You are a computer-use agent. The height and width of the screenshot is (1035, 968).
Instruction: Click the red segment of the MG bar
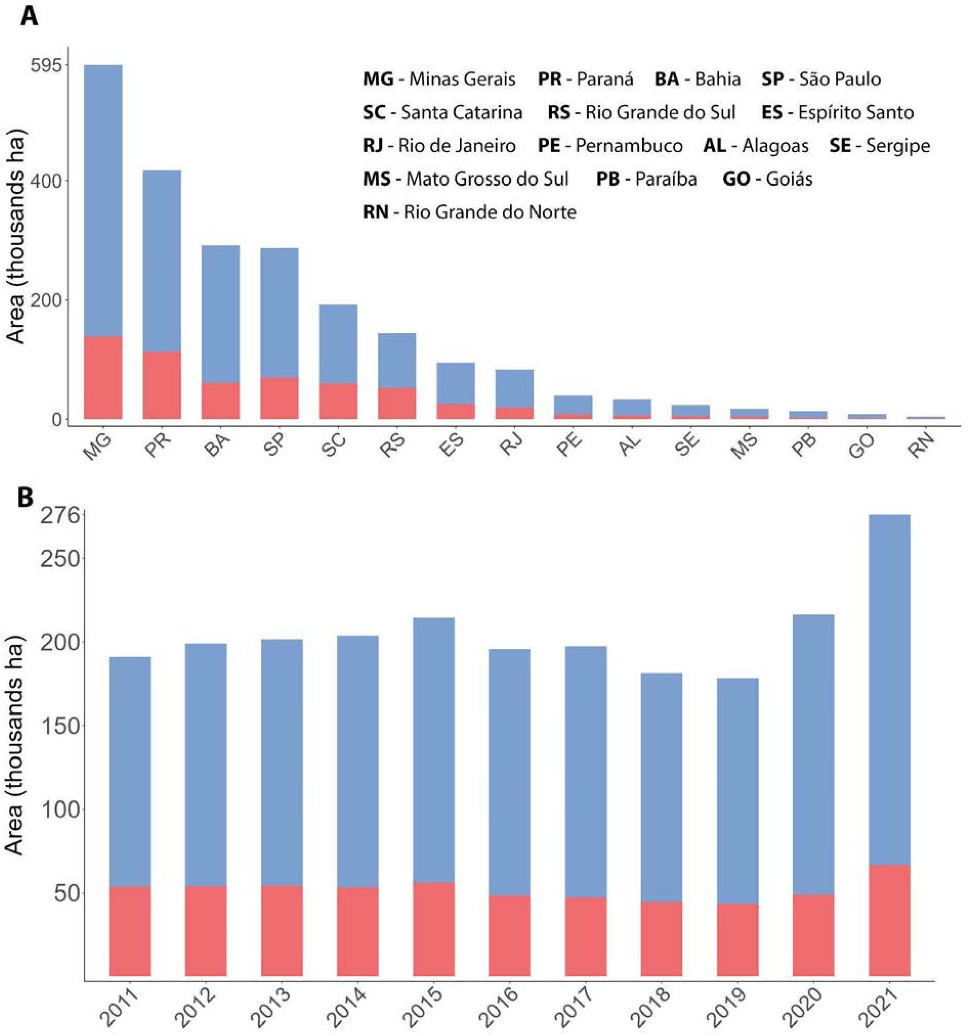[x=103, y=377]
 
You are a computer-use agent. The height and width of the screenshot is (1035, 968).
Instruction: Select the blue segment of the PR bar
[x=162, y=260]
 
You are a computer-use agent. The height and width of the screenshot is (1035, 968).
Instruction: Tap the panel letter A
[x=30, y=16]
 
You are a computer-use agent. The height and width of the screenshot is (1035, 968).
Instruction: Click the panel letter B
[x=25, y=497]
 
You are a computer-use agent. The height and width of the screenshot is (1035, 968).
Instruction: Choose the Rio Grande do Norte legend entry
[x=470, y=212]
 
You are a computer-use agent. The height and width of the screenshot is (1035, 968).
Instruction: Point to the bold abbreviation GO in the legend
[x=736, y=179]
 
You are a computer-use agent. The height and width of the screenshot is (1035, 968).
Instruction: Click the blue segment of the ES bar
[x=456, y=383]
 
